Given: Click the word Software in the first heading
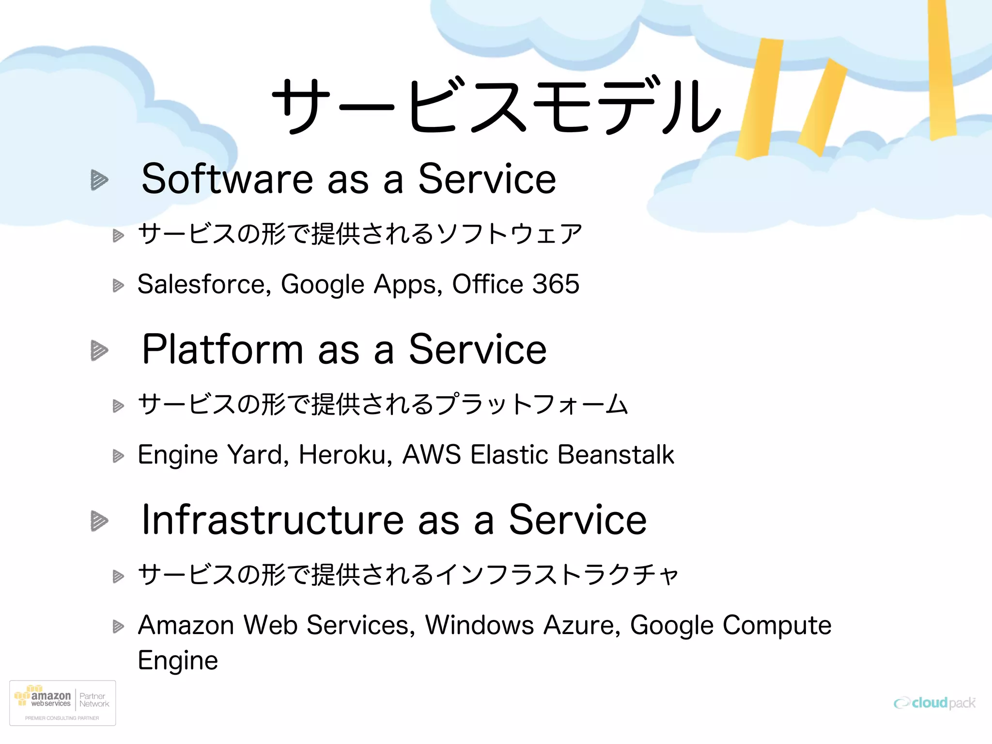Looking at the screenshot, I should coord(227,179).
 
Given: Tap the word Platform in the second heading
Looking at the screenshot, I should coord(222,349).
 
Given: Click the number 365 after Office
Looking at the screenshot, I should coord(556,284).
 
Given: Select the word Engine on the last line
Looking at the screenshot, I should coord(178,661).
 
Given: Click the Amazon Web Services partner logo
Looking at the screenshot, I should coord(62,703).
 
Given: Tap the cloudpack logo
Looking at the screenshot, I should coord(934,703).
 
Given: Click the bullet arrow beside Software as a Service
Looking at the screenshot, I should coord(99,180).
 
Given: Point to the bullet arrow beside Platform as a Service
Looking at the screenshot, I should coord(99,350).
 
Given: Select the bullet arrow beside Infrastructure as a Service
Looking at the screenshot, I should coord(99,521).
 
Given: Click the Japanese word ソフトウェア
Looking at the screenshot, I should coord(509,234).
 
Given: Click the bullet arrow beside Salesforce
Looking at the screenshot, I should coord(118,285).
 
